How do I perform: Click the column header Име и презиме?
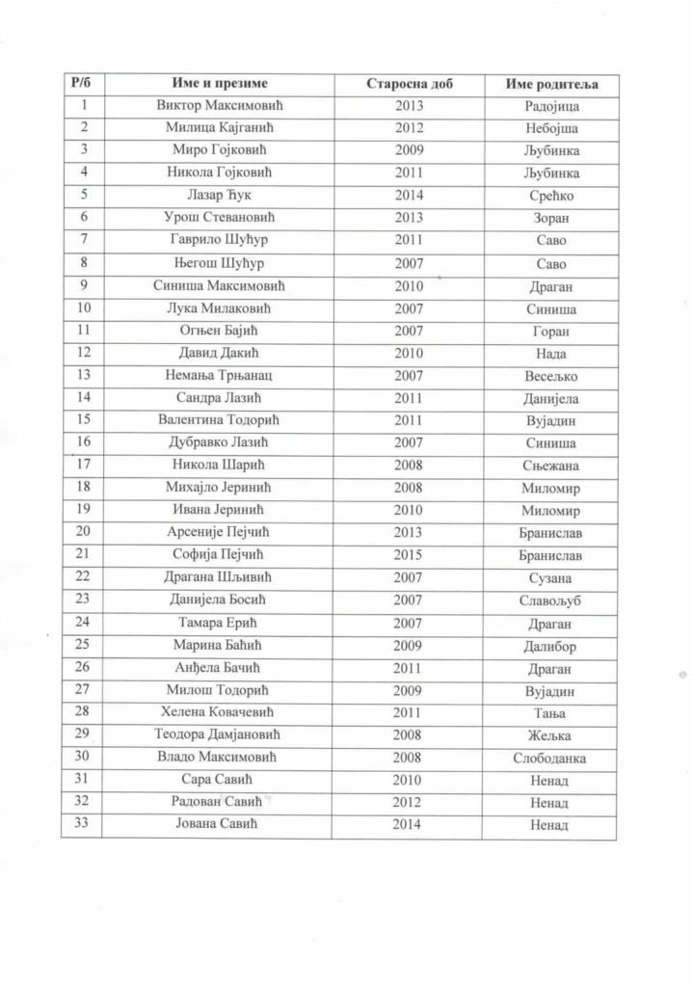pos(220,85)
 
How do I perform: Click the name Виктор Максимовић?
pos(220,106)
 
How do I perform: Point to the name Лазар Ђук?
pos(220,196)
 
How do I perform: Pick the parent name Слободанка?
pos(548,759)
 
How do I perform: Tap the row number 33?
pos(82,824)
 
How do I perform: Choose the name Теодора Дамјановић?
pos(220,735)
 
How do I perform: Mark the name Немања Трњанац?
pos(220,376)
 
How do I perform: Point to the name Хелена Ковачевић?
pos(220,712)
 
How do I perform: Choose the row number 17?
pos(82,465)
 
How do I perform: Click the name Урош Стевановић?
pos(220,218)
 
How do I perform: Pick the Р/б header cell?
pos(82,85)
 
